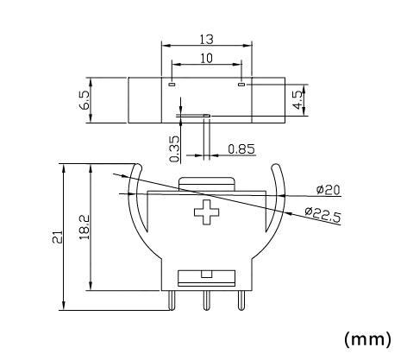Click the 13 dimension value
point(207,40)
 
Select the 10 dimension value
point(206,58)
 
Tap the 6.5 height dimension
point(85,100)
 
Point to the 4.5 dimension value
point(298,100)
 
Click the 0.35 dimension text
point(174,149)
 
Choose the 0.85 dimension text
point(241,149)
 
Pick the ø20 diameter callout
point(328,190)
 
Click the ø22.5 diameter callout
point(322,215)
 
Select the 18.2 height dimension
point(85,227)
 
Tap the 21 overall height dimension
point(57,237)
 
